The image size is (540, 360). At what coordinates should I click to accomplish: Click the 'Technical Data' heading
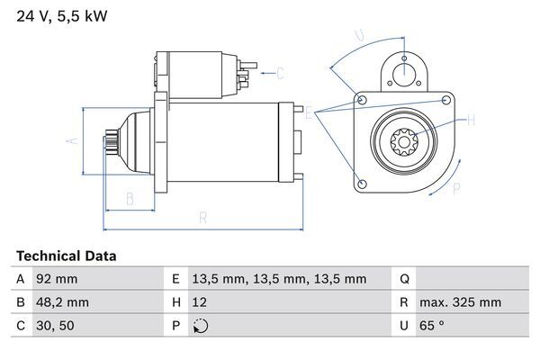(x=66, y=256)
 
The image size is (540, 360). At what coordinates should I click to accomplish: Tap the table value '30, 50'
(x=54, y=326)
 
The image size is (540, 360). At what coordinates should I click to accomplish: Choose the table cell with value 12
(x=201, y=302)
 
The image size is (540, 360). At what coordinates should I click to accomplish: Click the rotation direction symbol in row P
(x=201, y=326)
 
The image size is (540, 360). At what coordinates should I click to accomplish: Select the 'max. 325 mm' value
(x=463, y=302)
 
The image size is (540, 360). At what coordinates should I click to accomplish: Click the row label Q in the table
(x=404, y=279)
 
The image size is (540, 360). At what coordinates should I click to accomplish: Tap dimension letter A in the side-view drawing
(x=74, y=140)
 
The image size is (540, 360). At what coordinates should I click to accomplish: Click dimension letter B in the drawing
(x=130, y=198)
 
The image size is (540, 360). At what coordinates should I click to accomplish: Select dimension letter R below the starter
(x=202, y=217)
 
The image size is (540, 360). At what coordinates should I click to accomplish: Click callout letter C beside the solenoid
(x=280, y=73)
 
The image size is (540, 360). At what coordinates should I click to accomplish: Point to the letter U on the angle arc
(x=359, y=36)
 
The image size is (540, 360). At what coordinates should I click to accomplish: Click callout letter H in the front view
(x=470, y=119)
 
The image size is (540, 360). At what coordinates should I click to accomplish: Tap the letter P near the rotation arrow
(x=456, y=188)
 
